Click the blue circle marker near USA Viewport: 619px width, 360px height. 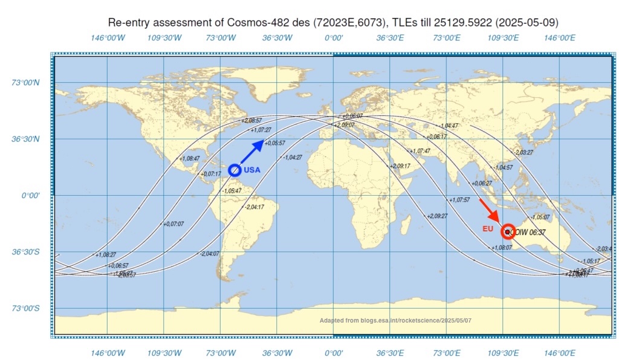235,170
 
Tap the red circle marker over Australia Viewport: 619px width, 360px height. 508,231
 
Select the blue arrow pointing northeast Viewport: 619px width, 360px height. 252,152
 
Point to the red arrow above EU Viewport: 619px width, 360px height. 488,210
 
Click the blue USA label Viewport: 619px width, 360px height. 252,170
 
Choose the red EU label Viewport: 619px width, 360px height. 488,229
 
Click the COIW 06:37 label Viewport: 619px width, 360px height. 529,231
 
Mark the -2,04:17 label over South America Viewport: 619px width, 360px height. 254,207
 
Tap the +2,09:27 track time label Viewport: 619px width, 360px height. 437,216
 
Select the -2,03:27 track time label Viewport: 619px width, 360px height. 523,152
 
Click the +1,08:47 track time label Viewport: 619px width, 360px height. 189,158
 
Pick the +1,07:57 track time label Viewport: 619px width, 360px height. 459,199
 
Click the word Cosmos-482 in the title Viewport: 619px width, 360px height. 253,23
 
